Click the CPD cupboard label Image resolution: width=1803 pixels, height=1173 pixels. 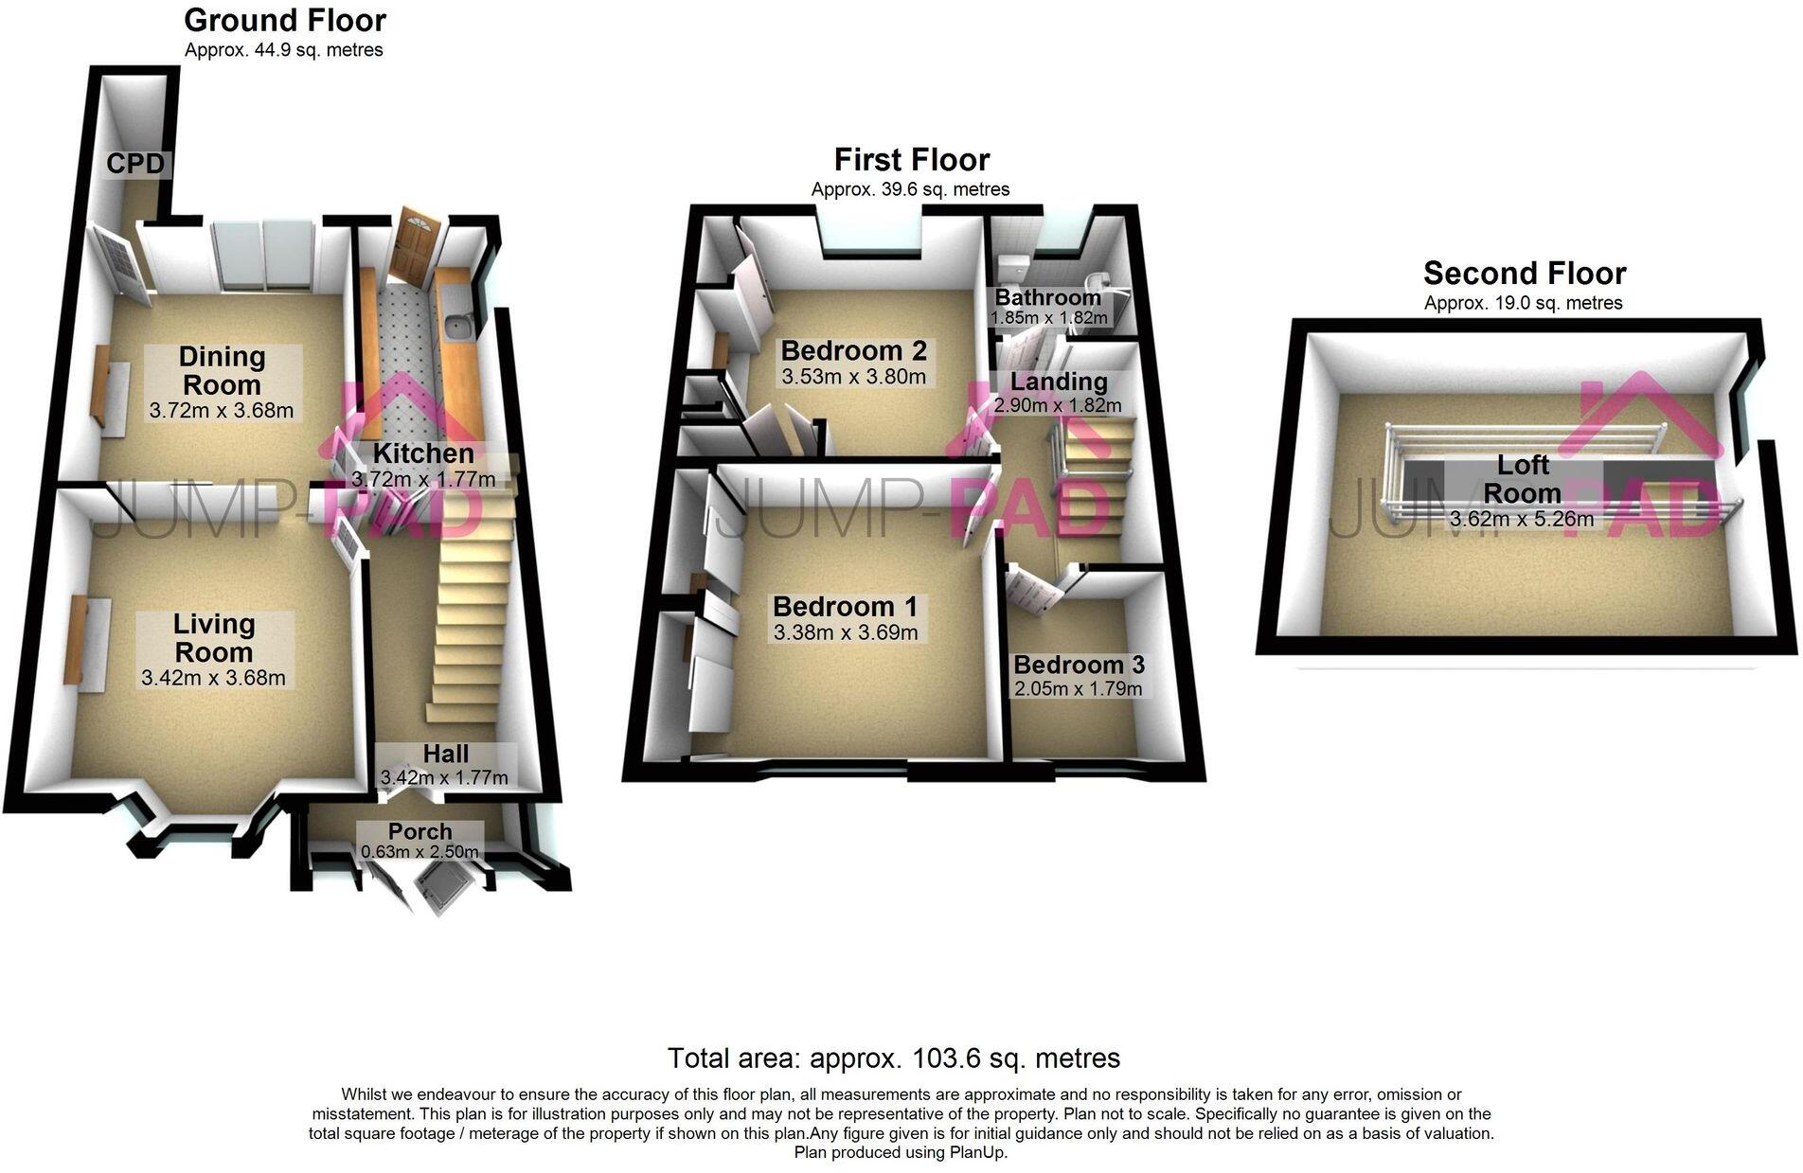point(135,164)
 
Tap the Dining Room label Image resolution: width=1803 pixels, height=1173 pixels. point(222,371)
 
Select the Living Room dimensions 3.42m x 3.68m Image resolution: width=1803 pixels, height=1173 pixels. point(213,678)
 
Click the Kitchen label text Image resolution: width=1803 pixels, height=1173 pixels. point(423,453)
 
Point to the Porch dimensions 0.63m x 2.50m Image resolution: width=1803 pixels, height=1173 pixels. point(420,852)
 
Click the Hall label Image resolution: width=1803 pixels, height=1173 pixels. point(445,754)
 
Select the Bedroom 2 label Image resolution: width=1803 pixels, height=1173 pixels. point(853,351)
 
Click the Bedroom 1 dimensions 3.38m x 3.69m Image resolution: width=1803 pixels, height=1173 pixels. point(846,632)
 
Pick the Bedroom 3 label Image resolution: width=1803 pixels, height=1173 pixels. point(1079,665)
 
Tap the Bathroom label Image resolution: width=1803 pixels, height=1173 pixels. point(1047,297)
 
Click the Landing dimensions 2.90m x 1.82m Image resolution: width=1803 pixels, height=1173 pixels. point(1057,405)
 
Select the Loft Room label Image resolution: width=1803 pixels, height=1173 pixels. point(1523,479)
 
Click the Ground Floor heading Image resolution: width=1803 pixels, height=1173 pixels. point(285,20)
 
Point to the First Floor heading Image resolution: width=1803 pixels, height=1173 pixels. point(912,159)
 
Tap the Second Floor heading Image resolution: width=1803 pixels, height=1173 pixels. point(1525,274)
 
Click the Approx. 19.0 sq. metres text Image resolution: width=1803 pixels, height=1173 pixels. point(1524,303)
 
